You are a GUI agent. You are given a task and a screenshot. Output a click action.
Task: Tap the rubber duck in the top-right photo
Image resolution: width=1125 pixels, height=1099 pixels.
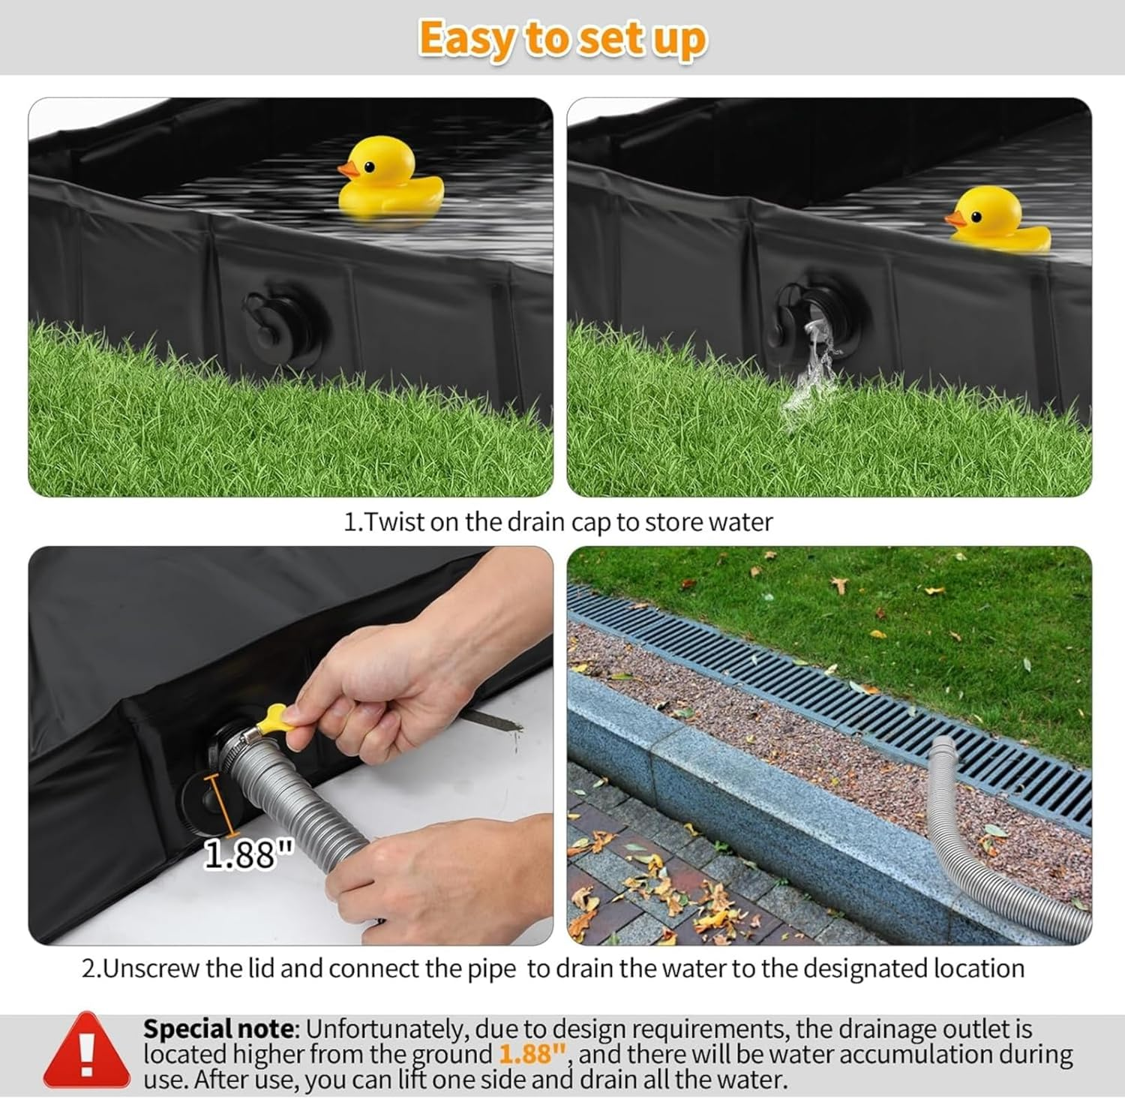(x=994, y=218)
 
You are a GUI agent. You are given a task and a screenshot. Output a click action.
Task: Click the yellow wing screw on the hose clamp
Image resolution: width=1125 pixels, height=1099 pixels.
(x=273, y=720)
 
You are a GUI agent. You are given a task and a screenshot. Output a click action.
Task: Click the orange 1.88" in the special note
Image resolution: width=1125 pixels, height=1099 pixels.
(x=531, y=1054)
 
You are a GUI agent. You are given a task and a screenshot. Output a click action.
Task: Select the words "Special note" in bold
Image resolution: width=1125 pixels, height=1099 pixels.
(x=217, y=1028)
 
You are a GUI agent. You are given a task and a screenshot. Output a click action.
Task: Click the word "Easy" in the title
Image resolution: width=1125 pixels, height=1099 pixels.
(x=466, y=39)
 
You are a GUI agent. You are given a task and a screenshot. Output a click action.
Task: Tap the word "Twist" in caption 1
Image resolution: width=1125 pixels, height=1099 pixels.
(x=397, y=521)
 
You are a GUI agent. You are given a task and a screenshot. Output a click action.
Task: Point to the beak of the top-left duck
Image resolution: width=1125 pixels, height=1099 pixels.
(x=347, y=170)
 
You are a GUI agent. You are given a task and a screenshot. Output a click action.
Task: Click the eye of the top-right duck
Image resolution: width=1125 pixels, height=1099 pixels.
(x=975, y=218)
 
